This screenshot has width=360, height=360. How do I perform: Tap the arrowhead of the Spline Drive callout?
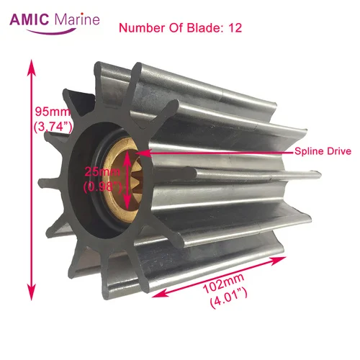click(x=149, y=152)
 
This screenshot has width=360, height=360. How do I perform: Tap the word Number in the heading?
click(x=138, y=29)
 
